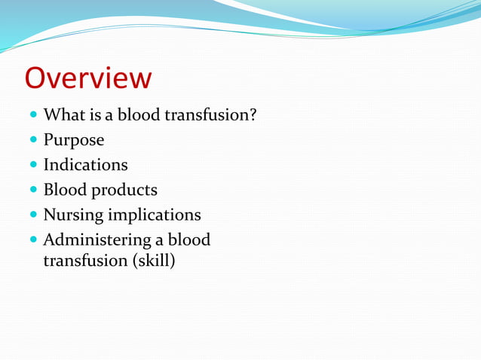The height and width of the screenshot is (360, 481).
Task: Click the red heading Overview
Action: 88,78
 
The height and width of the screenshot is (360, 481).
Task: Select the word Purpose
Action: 74,140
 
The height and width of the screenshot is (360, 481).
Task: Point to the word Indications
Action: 85,164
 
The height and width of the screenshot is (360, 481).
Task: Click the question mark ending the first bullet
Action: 254,115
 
